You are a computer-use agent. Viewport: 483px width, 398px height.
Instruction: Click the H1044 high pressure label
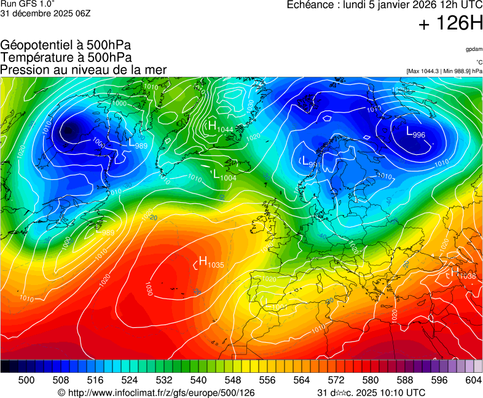click(220, 127)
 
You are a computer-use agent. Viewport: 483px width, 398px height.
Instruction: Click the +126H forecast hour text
click(450, 24)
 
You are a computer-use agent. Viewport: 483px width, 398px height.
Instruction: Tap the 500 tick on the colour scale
click(26, 380)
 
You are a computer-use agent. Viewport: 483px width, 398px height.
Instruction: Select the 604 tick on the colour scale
click(473, 380)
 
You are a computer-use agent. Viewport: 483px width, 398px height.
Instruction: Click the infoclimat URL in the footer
click(156, 392)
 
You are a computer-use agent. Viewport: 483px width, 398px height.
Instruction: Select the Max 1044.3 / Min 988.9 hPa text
click(444, 71)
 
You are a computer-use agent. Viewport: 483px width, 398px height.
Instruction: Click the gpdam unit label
click(474, 49)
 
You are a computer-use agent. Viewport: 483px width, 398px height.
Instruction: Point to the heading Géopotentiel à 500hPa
click(66, 45)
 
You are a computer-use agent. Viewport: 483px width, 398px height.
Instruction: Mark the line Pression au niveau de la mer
click(84, 70)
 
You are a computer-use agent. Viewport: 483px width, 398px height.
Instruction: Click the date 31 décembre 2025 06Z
click(45, 14)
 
